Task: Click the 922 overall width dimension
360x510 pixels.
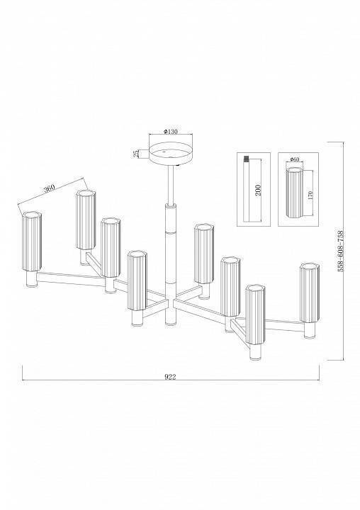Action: [x=170, y=377]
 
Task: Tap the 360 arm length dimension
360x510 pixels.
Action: [x=49, y=188]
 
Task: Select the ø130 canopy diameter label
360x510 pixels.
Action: [x=171, y=132]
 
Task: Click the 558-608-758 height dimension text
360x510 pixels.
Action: [x=340, y=251]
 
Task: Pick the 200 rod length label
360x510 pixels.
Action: [x=258, y=191]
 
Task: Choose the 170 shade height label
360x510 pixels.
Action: [x=310, y=195]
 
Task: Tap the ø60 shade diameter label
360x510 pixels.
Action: [x=295, y=159]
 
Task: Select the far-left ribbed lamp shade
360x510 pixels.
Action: [x=32, y=241]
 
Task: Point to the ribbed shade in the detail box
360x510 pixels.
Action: [x=295, y=193]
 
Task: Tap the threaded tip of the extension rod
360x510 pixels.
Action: [x=247, y=159]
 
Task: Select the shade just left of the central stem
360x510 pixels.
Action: [x=137, y=282]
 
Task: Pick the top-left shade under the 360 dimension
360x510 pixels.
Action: [x=86, y=220]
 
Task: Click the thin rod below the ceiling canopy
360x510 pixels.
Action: [x=171, y=184]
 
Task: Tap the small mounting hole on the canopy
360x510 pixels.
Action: [x=164, y=152]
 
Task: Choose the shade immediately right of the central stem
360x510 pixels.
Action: [x=204, y=253]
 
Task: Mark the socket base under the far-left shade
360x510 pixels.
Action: [x=32, y=279]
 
